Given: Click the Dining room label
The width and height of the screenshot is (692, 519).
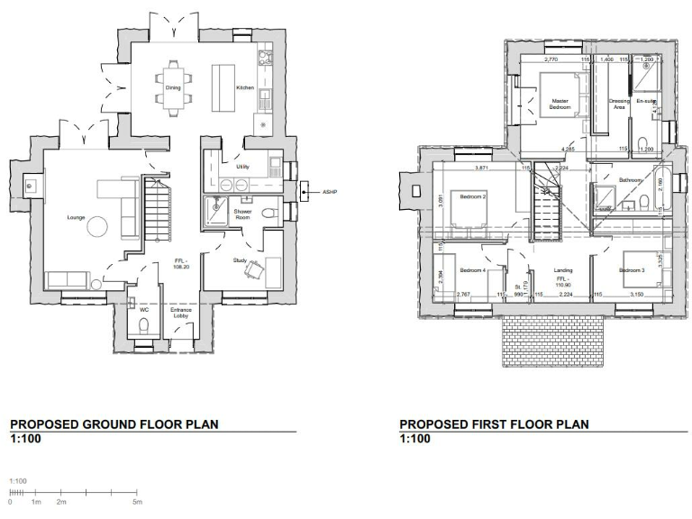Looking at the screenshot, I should (x=173, y=88).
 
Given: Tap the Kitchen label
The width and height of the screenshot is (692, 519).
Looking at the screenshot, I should (x=244, y=88).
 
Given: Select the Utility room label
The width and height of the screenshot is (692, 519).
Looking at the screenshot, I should (x=243, y=168).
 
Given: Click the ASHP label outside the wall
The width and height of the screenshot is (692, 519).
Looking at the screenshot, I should (x=314, y=191).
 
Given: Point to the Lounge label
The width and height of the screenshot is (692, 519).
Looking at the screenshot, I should (x=76, y=217).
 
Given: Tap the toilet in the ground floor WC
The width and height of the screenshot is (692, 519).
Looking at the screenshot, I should (x=143, y=325).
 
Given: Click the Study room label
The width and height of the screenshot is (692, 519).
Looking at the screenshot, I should (x=240, y=260).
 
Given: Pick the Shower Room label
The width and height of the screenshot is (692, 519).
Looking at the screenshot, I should (x=242, y=214).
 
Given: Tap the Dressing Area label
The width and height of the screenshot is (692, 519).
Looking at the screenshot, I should (x=619, y=104).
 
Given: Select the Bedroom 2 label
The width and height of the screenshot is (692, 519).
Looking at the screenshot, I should (x=473, y=196).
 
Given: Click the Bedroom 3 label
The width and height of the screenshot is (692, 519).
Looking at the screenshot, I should (x=632, y=270).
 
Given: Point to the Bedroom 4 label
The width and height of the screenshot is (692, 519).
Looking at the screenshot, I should (x=472, y=270).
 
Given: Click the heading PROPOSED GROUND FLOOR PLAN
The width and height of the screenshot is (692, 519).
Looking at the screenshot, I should (x=114, y=423).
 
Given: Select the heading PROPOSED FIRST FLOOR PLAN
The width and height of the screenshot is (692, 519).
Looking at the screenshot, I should (x=494, y=423).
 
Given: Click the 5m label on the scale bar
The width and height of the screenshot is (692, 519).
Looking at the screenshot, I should (x=137, y=502).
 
